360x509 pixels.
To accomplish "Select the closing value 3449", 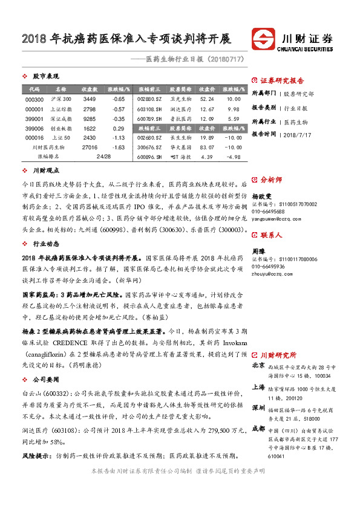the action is point(90,99).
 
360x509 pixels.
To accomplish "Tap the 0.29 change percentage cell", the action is point(119,129).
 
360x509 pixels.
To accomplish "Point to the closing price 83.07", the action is point(207,147).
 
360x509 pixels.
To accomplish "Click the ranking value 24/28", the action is point(104,156).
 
